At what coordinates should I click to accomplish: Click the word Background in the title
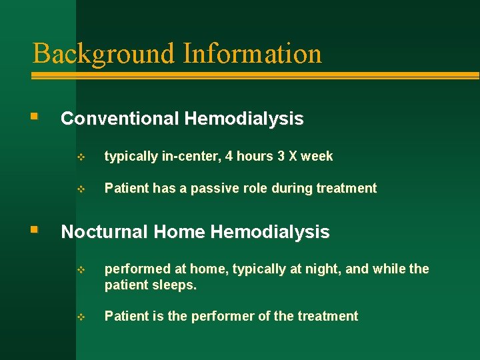(x=97, y=53)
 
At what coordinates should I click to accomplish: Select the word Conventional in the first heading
(x=120, y=119)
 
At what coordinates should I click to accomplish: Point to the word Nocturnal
(x=105, y=231)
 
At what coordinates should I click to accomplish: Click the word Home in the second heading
(x=179, y=231)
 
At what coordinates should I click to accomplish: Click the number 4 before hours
(x=229, y=156)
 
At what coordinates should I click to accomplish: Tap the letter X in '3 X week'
(x=291, y=156)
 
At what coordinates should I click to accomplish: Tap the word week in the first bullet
(x=317, y=156)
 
